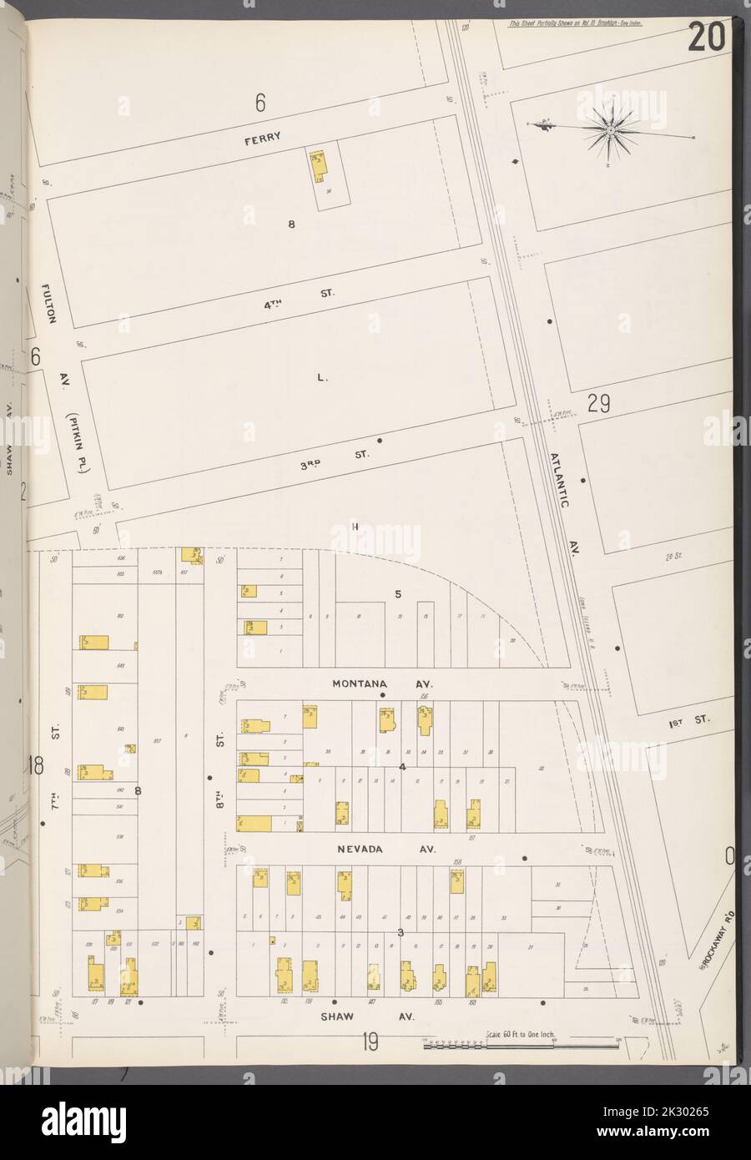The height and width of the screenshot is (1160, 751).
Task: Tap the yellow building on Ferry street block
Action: click(x=318, y=167)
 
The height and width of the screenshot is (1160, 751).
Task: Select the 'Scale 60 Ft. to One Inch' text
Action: click(x=521, y=1036)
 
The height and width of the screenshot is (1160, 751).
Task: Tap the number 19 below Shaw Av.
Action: click(x=371, y=1042)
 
